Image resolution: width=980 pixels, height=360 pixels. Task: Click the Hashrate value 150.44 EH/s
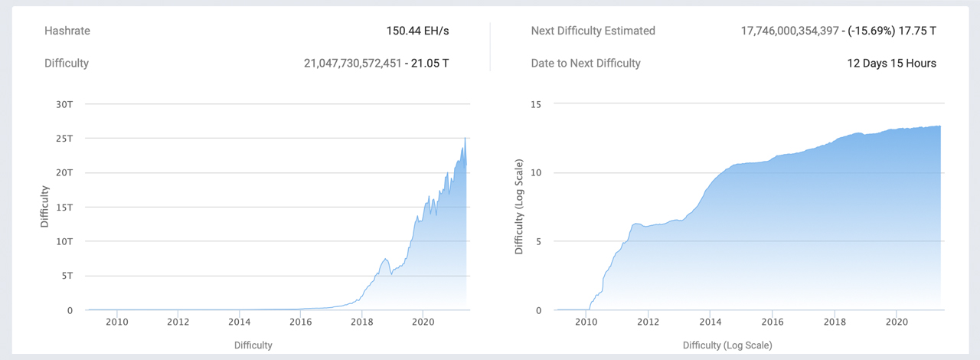(417, 31)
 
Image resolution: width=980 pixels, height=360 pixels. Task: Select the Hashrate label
(67, 31)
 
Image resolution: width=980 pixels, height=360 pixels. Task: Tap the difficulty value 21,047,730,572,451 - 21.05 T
(376, 63)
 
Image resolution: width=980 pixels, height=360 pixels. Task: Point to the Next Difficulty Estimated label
(593, 31)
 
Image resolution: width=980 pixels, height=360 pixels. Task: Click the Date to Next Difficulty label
(586, 63)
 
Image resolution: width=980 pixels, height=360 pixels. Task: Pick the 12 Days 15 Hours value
(891, 63)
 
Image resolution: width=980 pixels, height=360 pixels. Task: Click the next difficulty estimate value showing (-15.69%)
(838, 31)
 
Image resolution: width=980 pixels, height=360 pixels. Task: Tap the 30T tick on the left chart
(64, 104)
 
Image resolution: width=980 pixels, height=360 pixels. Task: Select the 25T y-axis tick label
(64, 139)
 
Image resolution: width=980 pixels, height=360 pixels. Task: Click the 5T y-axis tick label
(66, 276)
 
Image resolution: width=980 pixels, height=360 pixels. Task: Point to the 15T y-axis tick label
(64, 207)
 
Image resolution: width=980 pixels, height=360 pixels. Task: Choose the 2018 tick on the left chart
(362, 322)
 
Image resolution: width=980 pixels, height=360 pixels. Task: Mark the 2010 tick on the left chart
(117, 322)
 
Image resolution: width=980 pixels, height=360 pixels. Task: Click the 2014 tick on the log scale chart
(710, 322)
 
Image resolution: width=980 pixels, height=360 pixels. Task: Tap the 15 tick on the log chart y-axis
(537, 104)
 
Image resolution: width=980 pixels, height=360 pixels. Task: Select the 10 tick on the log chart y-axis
(537, 172)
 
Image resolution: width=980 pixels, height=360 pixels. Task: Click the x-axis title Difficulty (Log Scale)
(727, 345)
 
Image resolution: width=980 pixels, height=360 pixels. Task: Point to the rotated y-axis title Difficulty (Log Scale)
(519, 207)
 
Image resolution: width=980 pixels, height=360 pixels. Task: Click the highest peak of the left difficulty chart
(465, 139)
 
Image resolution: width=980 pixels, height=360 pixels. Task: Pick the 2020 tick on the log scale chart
(897, 322)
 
